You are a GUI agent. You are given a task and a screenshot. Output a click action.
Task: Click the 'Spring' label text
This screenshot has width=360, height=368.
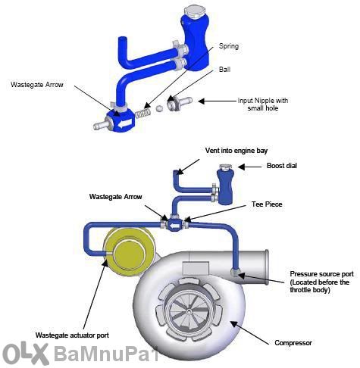coord(229,46)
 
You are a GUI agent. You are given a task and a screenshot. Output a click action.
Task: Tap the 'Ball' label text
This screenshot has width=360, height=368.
coord(224,70)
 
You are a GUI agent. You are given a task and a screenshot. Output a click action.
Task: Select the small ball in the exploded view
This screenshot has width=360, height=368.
coord(159,108)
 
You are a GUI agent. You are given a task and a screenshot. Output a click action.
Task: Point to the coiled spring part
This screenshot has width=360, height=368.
coord(143,114)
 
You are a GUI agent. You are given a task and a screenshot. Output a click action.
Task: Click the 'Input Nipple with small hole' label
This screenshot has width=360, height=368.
coord(263,104)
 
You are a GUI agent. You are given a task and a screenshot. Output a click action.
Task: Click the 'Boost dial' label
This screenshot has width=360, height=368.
coord(282,166)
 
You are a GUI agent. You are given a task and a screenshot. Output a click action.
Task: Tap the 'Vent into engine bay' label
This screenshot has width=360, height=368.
coord(236,151)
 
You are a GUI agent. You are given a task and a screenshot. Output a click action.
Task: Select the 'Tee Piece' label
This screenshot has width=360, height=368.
coord(267,204)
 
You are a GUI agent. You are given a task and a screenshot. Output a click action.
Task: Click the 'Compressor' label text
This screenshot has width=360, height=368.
coord(293,343)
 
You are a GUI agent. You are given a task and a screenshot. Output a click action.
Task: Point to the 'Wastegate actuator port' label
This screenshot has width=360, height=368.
coord(72,335)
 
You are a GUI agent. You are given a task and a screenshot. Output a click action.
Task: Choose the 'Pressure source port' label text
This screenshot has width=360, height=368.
coord(321,274)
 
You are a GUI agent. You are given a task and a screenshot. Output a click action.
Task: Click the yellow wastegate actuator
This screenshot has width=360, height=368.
coord(129,251)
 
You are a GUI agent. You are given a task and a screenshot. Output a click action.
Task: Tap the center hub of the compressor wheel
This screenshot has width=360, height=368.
coord(189,312)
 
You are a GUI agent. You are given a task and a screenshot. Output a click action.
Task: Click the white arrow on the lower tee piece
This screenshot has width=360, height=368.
coord(174,226)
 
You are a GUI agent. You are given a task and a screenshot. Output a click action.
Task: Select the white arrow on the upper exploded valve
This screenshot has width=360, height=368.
coord(125,123)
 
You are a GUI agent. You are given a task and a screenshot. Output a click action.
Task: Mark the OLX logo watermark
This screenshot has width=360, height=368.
coord(25,354)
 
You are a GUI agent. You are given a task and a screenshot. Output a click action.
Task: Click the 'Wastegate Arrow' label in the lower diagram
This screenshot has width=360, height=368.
coord(115,197)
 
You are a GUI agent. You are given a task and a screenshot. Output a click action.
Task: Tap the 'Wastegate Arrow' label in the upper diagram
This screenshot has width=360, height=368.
coord(37,85)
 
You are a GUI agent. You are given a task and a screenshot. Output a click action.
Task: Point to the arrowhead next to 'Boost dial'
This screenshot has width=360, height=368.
coord(241,167)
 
